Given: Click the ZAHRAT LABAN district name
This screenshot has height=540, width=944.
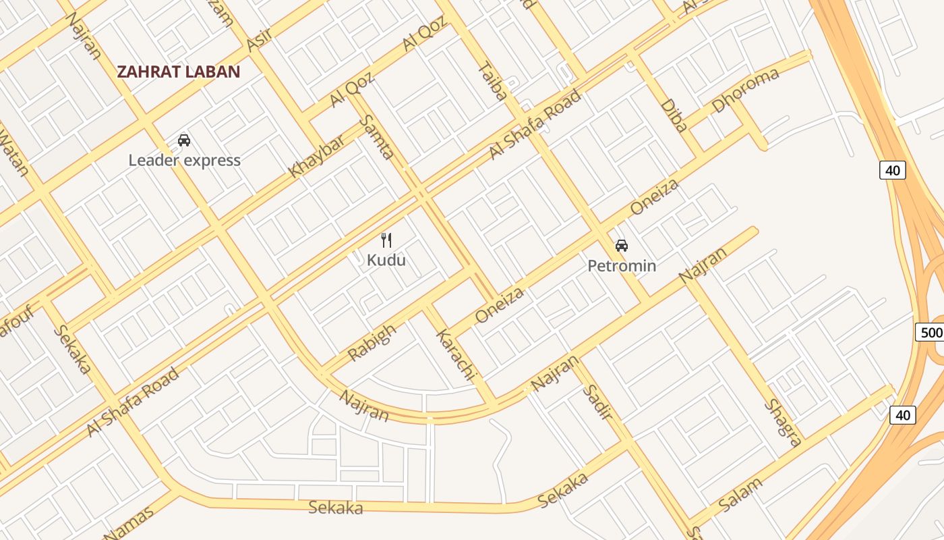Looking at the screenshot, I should [x=179, y=72].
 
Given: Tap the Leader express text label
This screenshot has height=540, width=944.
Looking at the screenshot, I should [x=184, y=161].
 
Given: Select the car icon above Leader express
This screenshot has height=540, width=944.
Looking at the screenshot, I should [x=184, y=140].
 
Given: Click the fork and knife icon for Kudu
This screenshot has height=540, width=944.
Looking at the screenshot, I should [x=386, y=240].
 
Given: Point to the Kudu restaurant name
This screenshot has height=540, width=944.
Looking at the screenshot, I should [x=386, y=260].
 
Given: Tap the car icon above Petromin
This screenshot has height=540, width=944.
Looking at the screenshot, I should [x=622, y=246].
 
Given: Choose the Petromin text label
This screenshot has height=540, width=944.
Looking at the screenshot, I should [x=622, y=266].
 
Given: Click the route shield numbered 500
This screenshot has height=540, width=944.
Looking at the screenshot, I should [x=931, y=332].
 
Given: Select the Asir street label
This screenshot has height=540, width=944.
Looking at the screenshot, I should [x=259, y=40].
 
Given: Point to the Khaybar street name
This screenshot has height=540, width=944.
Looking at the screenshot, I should [x=316, y=156].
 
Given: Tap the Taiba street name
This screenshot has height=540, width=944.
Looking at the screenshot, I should [x=492, y=81].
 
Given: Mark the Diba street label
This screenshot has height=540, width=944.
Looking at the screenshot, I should [x=674, y=115].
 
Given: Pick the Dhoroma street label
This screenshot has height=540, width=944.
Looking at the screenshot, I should [x=745, y=90].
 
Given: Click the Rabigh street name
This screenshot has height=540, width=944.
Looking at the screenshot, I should [x=372, y=344].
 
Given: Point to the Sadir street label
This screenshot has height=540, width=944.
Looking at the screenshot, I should [x=597, y=402].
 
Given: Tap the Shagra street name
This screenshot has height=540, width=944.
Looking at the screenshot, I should [x=783, y=423].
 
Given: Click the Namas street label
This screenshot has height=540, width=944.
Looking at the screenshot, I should [x=129, y=523].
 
